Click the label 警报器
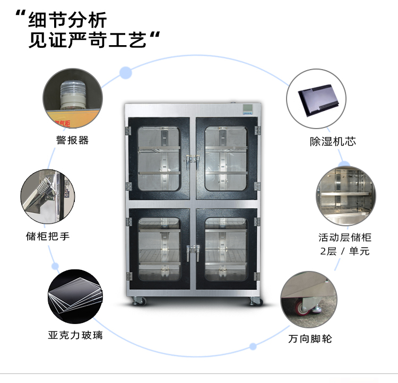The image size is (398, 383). [72, 140]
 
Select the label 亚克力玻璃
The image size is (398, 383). [75, 335]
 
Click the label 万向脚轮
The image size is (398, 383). [310, 338]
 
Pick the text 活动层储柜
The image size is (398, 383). [344, 237]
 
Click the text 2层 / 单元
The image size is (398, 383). [344, 251]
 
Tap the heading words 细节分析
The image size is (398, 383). [67, 20]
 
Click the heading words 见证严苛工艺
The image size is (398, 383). [87, 41]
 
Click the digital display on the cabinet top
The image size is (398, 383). [248, 110]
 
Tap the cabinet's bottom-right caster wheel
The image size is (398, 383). [255, 301]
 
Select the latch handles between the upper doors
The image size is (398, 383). [192, 158]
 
